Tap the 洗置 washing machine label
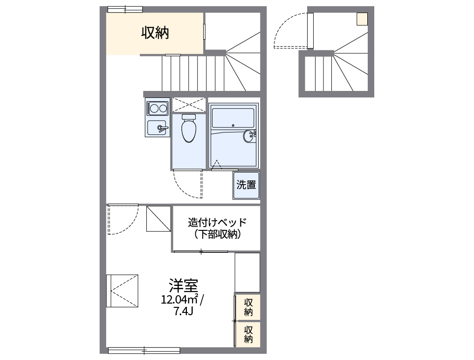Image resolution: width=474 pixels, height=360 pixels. coord(246,185)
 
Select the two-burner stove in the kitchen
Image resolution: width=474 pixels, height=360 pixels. coord(158,109)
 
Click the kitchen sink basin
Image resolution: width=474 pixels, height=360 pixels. coord(157,127)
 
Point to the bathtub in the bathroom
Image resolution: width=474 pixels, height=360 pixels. coord(233,118)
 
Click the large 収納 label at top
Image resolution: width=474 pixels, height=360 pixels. coord(155,33)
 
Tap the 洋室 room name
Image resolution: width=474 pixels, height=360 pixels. coord(183,284)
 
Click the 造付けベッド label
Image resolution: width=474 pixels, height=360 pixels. coord(217,222)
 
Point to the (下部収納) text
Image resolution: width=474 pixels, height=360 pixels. coord(217,235)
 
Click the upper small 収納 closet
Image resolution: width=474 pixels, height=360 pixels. coord(248,307)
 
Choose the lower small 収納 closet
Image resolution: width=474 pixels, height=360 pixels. coord(248,333)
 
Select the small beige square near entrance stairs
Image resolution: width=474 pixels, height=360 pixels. coord(362,19)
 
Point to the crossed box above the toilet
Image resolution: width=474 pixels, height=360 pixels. coord(189,104)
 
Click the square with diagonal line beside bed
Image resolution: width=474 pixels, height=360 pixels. coord(158,219)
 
